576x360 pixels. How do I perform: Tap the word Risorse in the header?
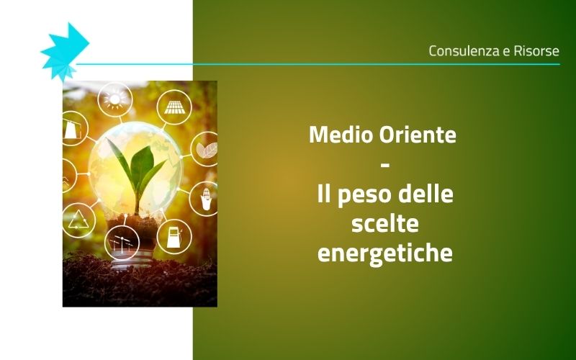[535, 51]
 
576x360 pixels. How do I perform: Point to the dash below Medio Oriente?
[384, 165]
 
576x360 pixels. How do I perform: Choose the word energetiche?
[384, 254]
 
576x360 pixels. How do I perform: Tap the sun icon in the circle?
[115, 99]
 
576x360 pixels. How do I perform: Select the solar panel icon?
[173, 107]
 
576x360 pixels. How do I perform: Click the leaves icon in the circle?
[206, 149]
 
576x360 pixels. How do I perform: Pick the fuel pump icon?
[174, 235]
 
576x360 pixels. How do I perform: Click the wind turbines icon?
[122, 243]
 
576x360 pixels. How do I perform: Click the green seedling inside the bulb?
[139, 169]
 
